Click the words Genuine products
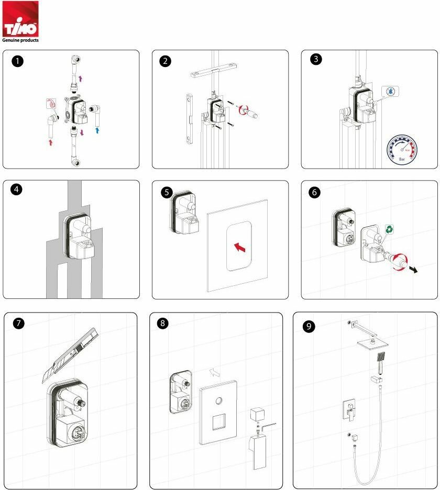click(20, 39)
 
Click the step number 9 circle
click(310, 326)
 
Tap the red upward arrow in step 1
click(51, 141)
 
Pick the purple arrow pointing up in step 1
click(80, 79)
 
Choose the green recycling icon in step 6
click(390, 229)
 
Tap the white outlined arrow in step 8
click(214, 372)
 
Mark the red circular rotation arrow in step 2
click(242, 110)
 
